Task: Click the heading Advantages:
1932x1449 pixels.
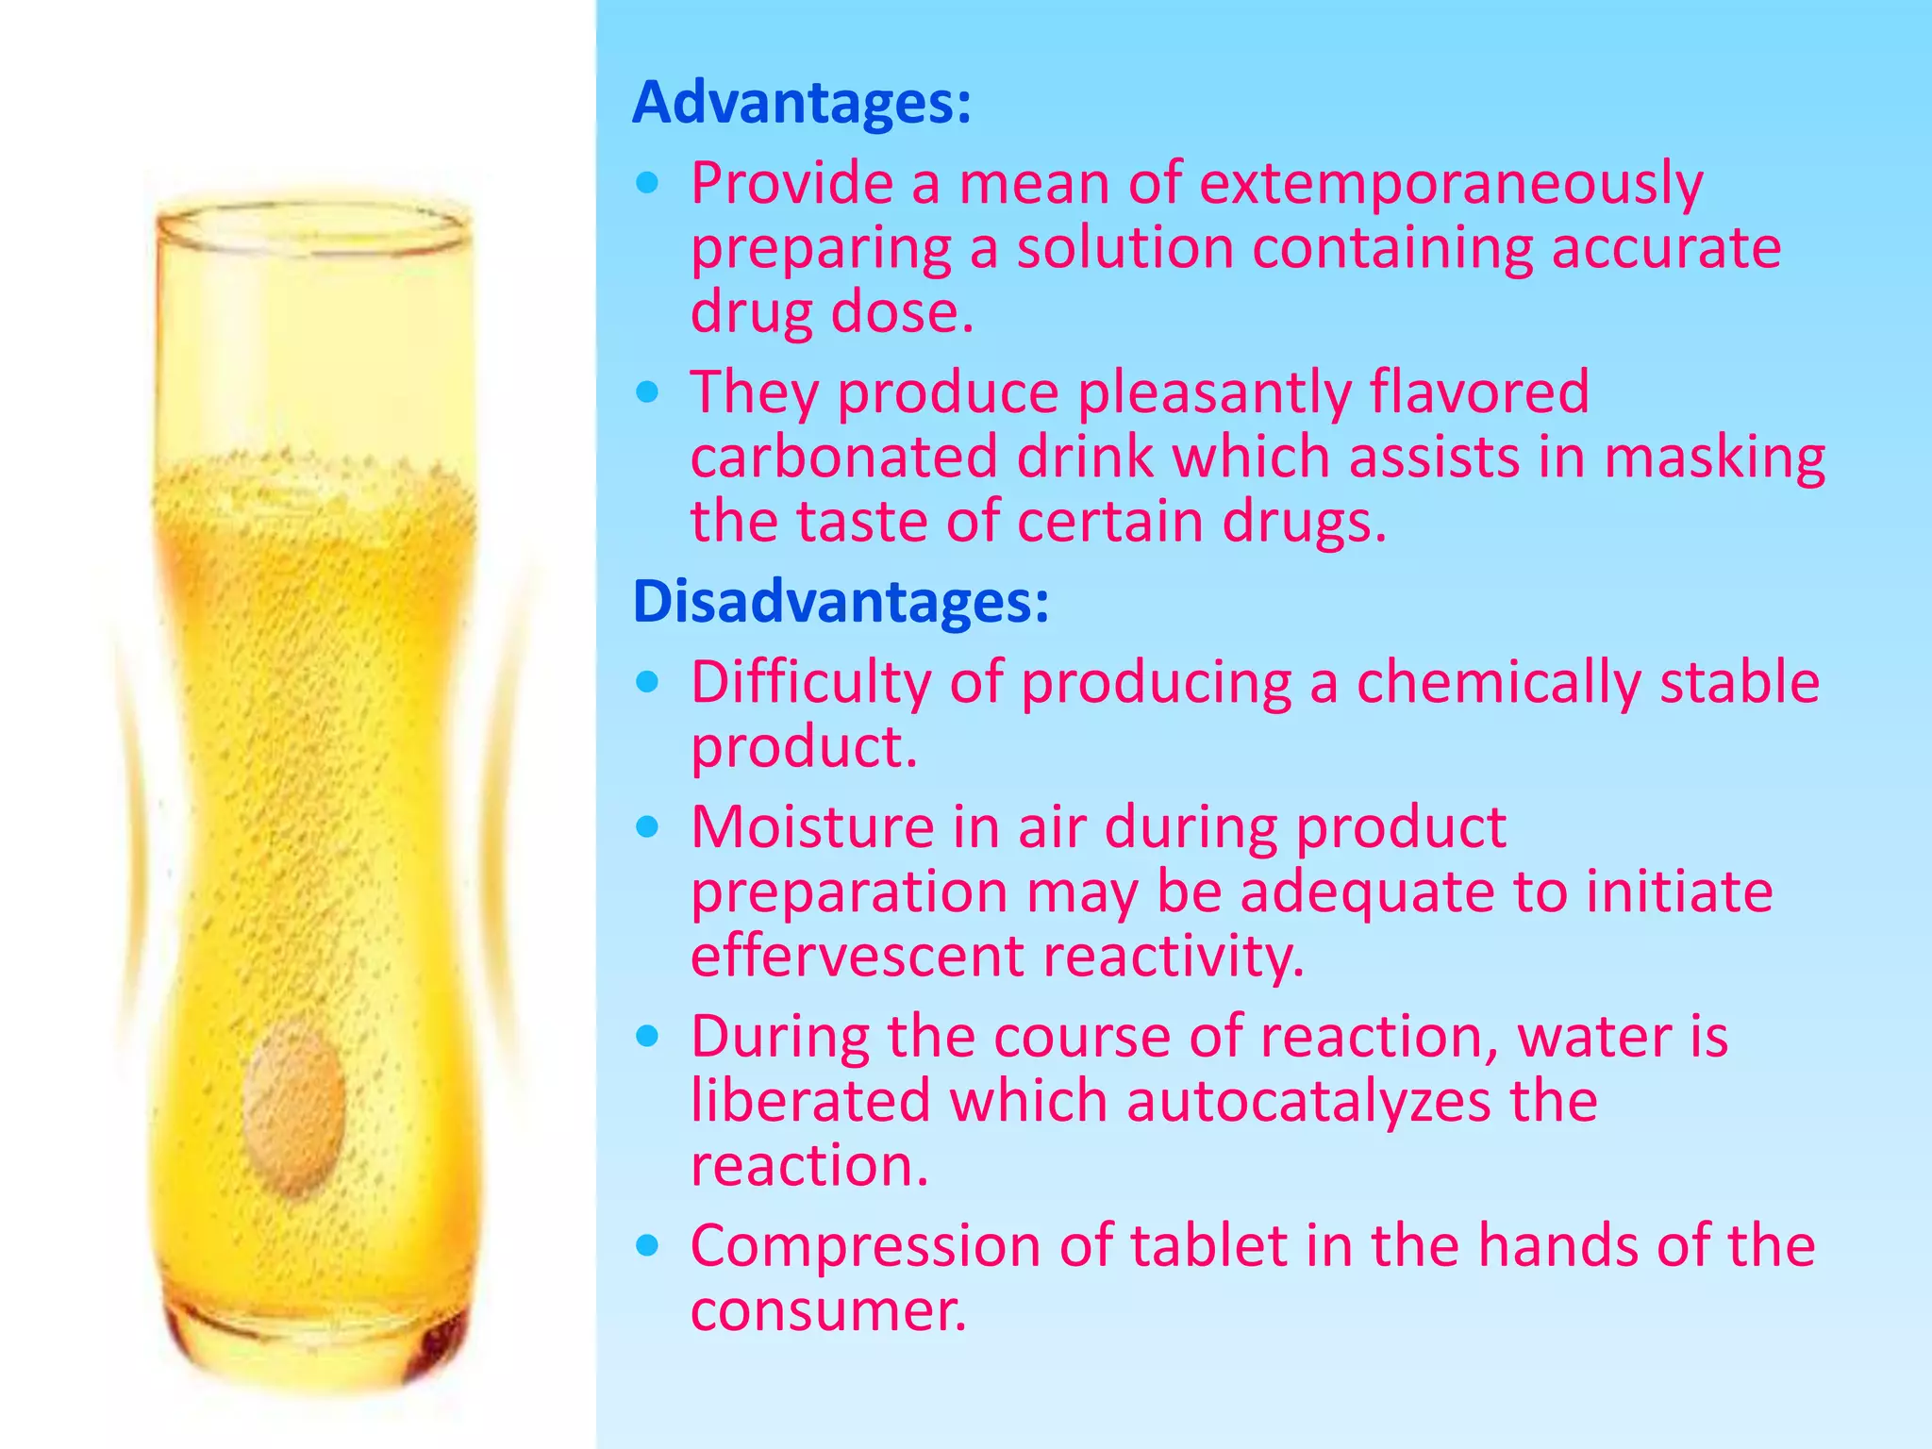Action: pos(801,102)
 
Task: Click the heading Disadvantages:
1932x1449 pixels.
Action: pos(841,601)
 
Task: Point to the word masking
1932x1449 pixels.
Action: pos(1714,457)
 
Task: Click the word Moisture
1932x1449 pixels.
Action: pos(812,827)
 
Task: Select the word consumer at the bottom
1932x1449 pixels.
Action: pos(828,1310)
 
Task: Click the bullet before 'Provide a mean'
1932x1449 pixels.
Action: pos(647,183)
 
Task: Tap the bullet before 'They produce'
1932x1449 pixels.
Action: pos(647,392)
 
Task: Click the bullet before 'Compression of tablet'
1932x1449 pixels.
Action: pos(647,1246)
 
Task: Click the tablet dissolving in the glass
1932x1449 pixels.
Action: pos(294,1108)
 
